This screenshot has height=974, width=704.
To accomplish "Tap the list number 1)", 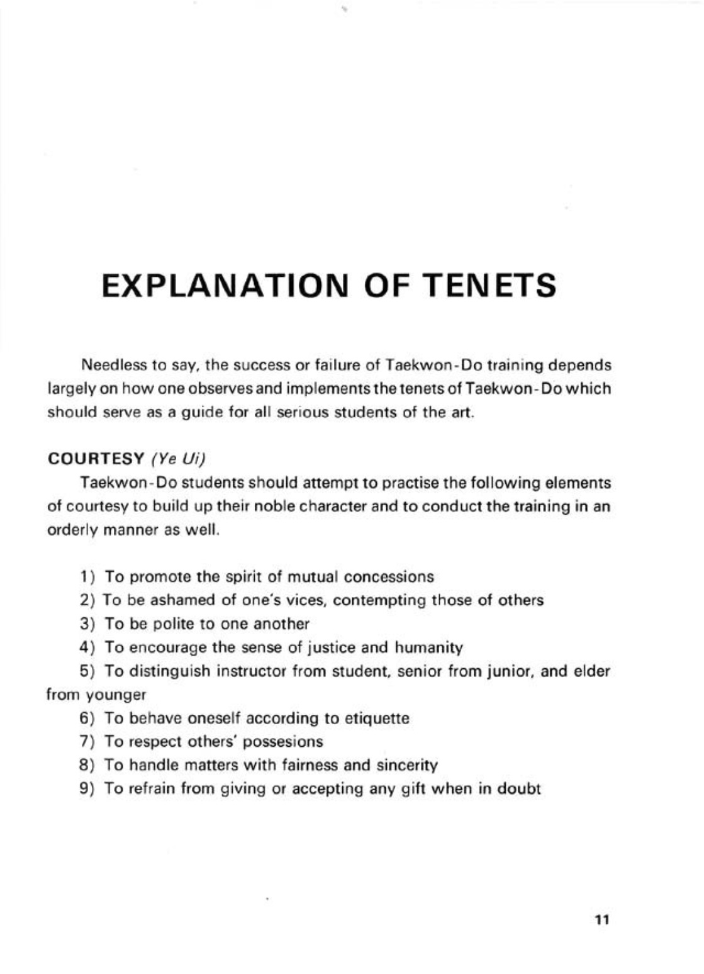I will point(87,577).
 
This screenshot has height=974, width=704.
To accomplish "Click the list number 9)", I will point(87,789).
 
